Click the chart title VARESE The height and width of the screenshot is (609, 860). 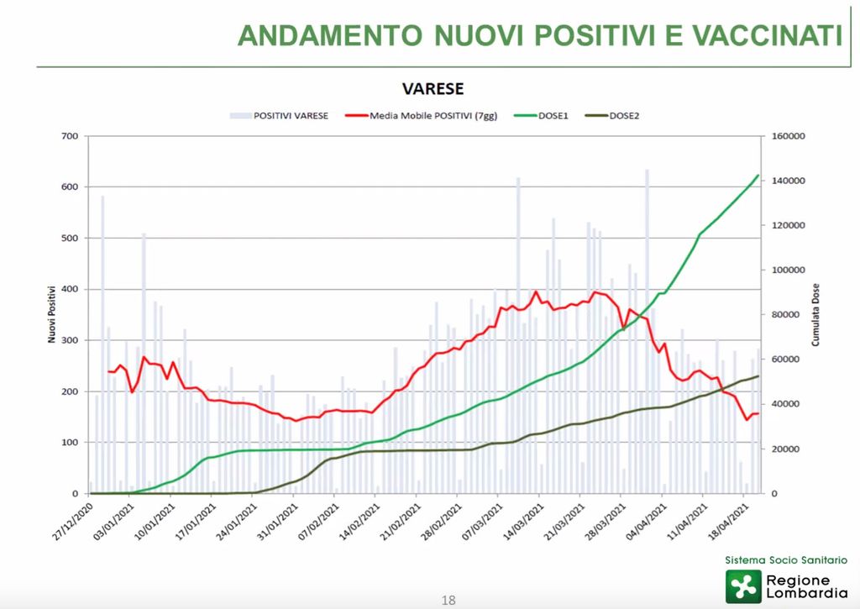[x=433, y=89]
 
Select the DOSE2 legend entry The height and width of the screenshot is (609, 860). [x=625, y=117]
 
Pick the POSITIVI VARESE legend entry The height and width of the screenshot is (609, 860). [x=291, y=117]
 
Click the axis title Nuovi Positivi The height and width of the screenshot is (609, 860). [x=51, y=314]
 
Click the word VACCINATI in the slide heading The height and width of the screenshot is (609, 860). [x=767, y=35]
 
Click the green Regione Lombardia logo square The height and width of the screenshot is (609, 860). [x=744, y=586]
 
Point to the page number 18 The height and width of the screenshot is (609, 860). [x=448, y=600]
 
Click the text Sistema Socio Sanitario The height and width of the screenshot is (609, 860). [x=786, y=559]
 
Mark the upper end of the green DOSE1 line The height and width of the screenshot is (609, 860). [x=758, y=176]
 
